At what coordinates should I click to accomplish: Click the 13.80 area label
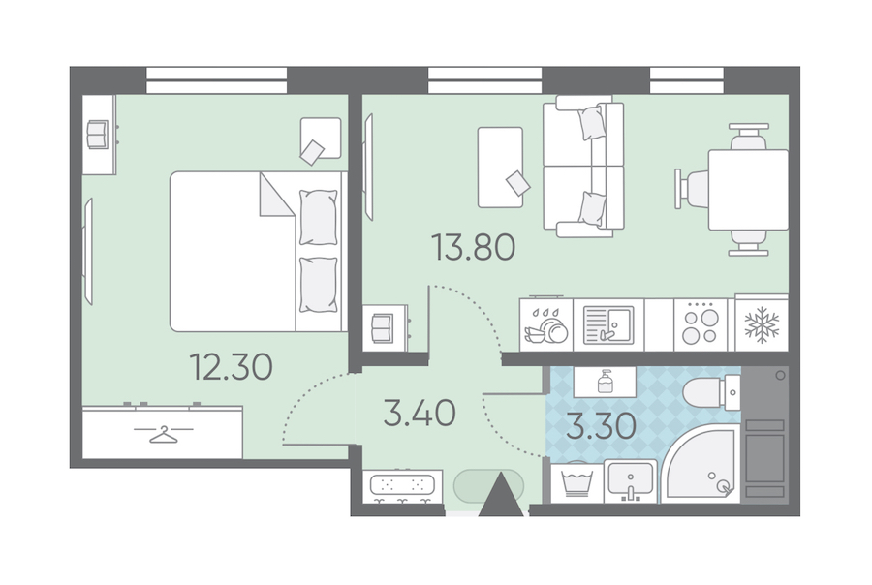(473, 247)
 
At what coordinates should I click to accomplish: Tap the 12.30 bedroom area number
(231, 367)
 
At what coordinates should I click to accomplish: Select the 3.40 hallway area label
(420, 414)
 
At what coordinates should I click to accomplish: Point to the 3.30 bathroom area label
(601, 427)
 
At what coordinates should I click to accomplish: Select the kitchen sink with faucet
(608, 325)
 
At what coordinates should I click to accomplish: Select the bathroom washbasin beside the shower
(631, 479)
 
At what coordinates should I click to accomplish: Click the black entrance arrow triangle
(501, 494)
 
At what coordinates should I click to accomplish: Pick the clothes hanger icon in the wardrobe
(163, 433)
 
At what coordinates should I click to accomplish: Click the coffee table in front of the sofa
(501, 167)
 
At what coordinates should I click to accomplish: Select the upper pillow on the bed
(318, 217)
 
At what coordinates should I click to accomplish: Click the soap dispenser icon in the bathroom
(605, 383)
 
